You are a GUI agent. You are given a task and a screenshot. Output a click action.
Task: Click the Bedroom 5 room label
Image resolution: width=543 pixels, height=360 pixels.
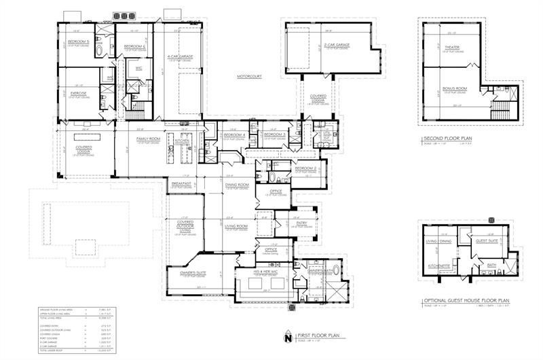pos(79,41)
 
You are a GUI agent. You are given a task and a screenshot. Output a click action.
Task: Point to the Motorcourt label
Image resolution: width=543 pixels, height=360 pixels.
pos(249,77)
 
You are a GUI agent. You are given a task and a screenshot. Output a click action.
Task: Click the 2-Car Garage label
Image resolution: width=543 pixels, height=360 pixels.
pos(337,45)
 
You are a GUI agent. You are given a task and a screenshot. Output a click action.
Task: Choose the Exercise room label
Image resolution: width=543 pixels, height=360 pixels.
pos(78,93)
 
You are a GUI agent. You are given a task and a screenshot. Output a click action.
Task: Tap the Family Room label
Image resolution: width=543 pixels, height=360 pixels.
pos(147,139)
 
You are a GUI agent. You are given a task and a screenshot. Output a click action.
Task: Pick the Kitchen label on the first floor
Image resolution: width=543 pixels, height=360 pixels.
pos(183,141)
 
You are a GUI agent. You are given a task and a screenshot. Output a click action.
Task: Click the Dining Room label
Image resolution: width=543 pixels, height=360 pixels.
pos(238,185)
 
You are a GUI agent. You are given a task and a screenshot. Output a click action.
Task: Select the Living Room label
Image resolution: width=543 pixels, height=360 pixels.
pos(238,226)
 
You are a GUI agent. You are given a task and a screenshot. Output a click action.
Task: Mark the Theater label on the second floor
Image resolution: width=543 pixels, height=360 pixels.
pos(452,48)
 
